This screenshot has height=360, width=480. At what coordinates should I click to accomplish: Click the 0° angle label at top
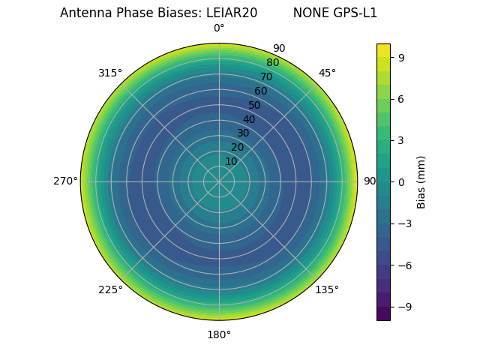[x=219, y=28]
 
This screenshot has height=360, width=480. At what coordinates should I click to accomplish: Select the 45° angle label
[x=327, y=73]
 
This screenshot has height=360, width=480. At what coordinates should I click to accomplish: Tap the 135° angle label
[x=327, y=289]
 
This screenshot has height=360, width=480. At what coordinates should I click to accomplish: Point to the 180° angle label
[x=219, y=334]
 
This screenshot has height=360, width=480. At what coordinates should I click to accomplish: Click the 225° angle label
[x=110, y=289]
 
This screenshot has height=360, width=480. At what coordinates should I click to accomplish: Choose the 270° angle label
[x=65, y=181]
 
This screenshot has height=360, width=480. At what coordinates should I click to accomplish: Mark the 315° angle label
[x=110, y=73]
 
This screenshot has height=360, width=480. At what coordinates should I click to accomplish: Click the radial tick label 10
[x=231, y=161]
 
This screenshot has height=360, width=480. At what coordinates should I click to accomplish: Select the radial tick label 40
[x=249, y=119]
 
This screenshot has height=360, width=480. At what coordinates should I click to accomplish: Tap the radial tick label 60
[x=261, y=91]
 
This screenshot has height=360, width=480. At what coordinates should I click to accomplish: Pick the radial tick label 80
[x=273, y=63]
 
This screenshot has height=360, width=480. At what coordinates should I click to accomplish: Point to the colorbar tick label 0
[x=402, y=181]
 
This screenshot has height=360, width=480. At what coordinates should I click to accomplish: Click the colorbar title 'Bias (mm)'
[x=421, y=181]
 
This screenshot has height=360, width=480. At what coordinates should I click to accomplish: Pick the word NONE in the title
[x=311, y=13]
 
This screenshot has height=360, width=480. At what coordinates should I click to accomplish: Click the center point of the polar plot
[x=219, y=181]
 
